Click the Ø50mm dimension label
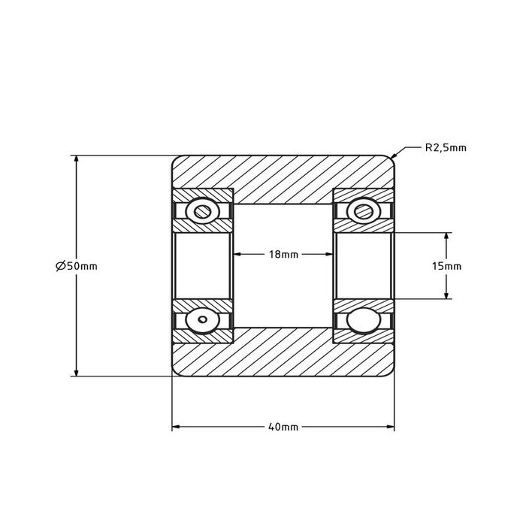tap(77, 266)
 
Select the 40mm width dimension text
tap(283, 427)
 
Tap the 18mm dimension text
tap(283, 255)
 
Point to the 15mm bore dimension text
tap(448, 266)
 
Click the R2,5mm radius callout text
tap(446, 147)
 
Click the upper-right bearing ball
tap(364, 210)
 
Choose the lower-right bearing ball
tap(364, 321)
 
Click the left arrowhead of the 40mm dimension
tap(175, 427)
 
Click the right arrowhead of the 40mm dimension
tap(391, 427)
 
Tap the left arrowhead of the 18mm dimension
tap(238, 255)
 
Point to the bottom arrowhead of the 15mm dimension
tap(448, 297)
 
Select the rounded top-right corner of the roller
tap(391, 159)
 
